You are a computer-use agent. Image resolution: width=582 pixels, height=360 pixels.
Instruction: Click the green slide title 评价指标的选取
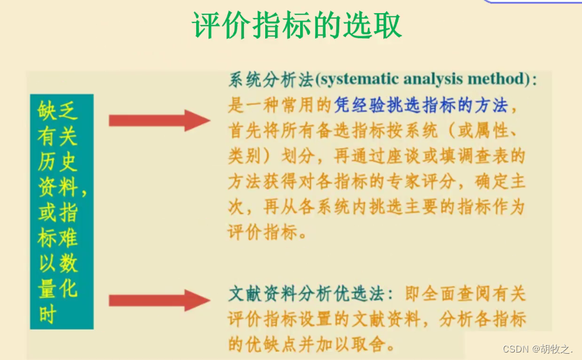(298, 26)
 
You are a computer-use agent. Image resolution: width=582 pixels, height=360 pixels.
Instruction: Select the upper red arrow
(158, 119)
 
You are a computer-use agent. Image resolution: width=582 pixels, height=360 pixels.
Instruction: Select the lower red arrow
(158, 300)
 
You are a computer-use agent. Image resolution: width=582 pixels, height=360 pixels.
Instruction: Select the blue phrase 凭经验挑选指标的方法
(421, 105)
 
